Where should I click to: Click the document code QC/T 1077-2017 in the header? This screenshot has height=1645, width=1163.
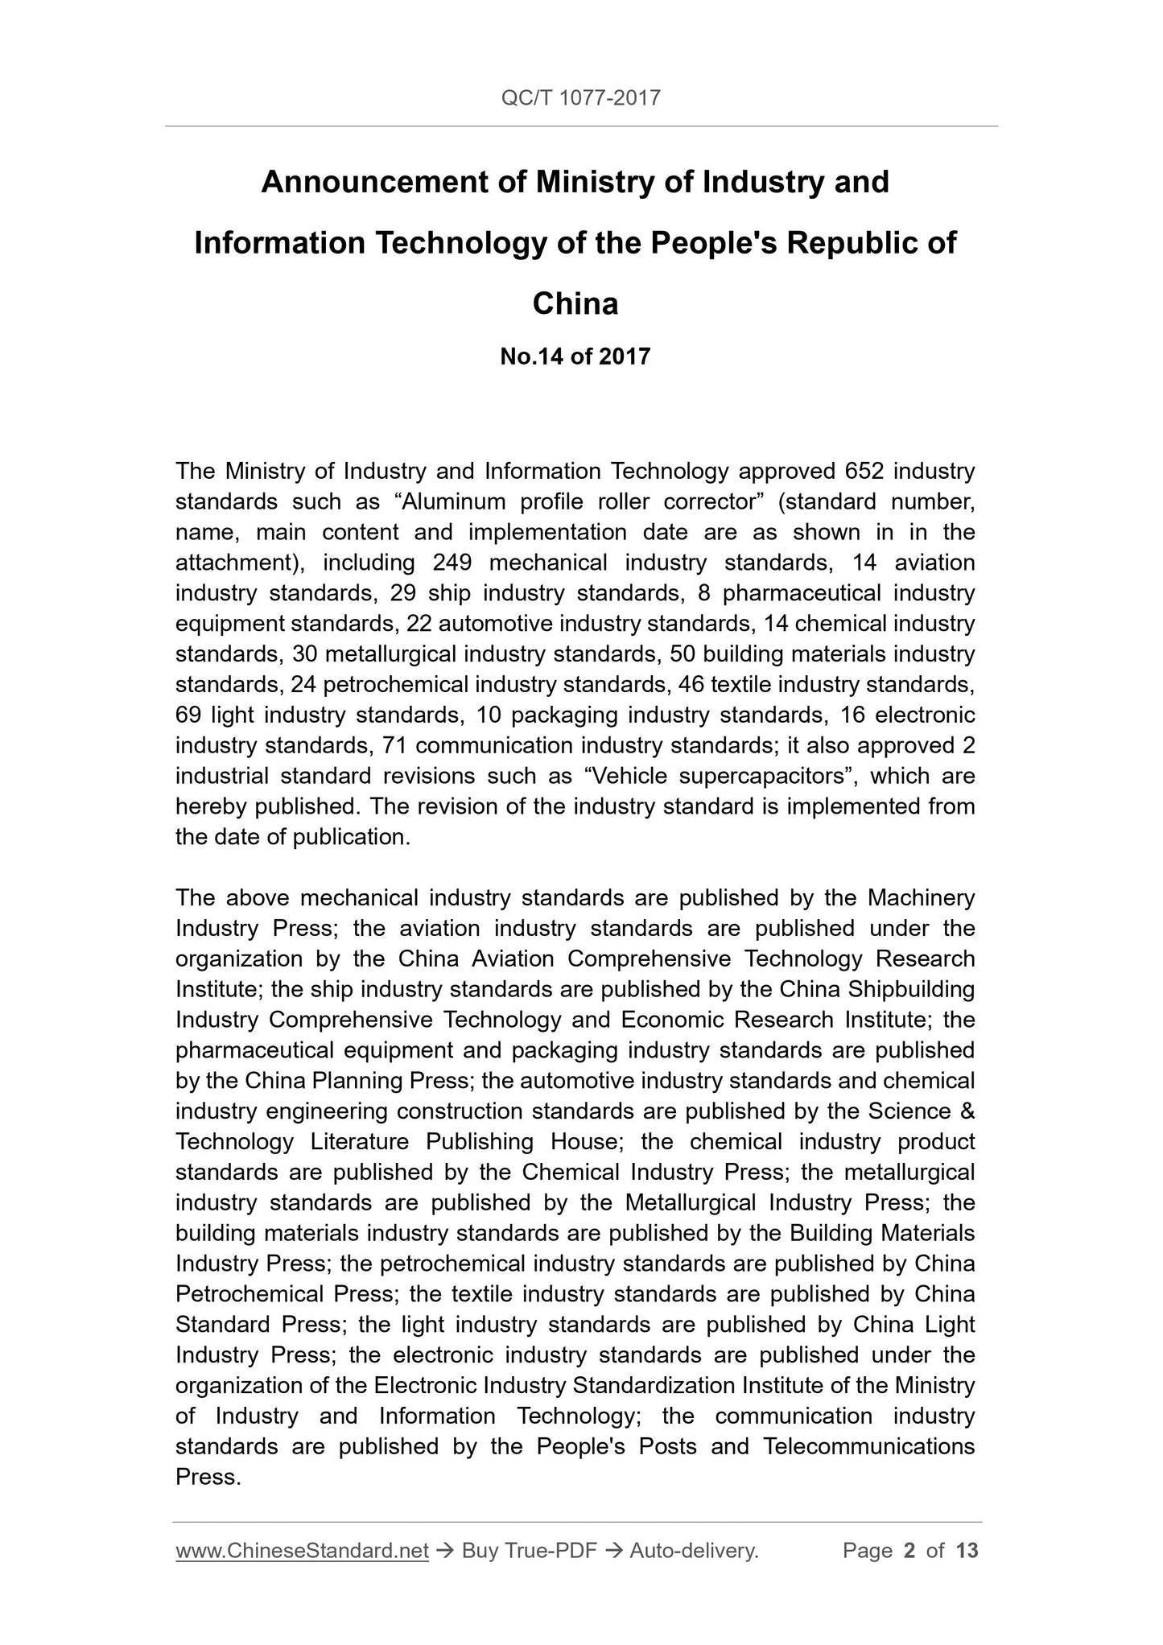(x=580, y=98)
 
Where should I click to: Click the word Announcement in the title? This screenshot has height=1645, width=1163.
(x=374, y=183)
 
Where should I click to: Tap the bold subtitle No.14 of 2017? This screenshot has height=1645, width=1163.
(x=575, y=357)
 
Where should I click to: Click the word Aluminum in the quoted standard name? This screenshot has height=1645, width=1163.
(x=451, y=501)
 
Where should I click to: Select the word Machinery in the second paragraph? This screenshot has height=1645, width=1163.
(x=921, y=897)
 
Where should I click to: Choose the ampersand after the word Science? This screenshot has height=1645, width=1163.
(x=967, y=1111)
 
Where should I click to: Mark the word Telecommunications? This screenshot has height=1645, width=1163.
(x=868, y=1447)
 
